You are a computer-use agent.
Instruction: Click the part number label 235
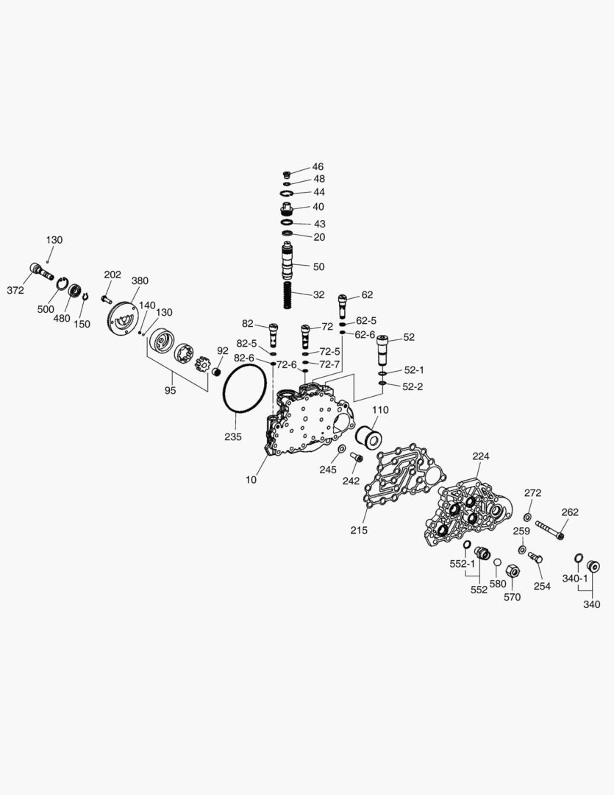coord(233,437)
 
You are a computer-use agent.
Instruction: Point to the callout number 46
coord(318,167)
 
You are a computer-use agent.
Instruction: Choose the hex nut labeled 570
coord(514,571)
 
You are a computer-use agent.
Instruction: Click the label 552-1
coord(463,564)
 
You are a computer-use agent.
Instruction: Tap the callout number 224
coord(480,456)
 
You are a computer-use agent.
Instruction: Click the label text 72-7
coord(329,364)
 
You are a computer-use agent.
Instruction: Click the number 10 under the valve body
coord(251,480)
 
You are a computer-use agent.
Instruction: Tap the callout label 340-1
coord(574,579)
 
